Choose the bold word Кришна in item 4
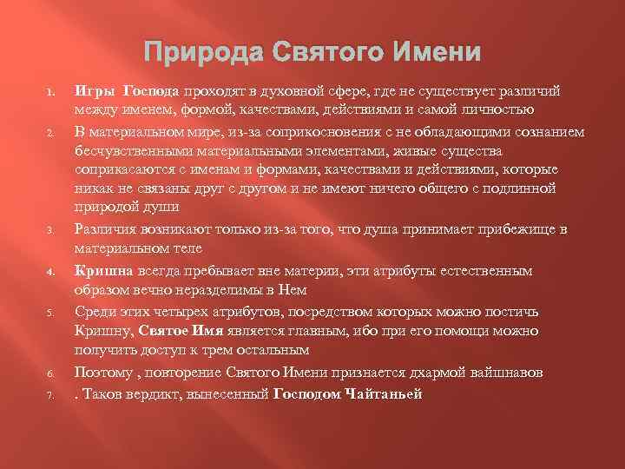[101, 271]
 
